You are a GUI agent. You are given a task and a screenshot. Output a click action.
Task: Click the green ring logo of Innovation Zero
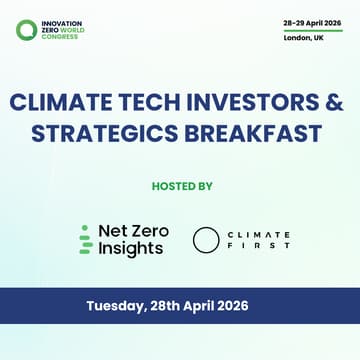tap(26, 30)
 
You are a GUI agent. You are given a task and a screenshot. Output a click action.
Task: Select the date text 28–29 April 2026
tap(312, 21)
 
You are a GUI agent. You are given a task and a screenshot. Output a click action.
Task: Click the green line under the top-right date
tap(312, 30)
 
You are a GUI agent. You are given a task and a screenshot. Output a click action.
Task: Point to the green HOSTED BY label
tap(180, 185)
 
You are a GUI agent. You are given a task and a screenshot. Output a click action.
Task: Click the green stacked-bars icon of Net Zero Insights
tap(85, 240)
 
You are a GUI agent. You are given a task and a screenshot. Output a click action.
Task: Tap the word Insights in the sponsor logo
tap(130, 249)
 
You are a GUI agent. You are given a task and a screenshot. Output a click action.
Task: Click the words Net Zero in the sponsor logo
tap(133, 231)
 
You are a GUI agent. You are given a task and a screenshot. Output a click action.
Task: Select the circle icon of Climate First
tap(206, 240)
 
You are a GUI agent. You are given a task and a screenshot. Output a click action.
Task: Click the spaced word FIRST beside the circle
tap(258, 246)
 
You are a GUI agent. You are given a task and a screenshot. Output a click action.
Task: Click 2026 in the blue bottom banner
tap(254, 306)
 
